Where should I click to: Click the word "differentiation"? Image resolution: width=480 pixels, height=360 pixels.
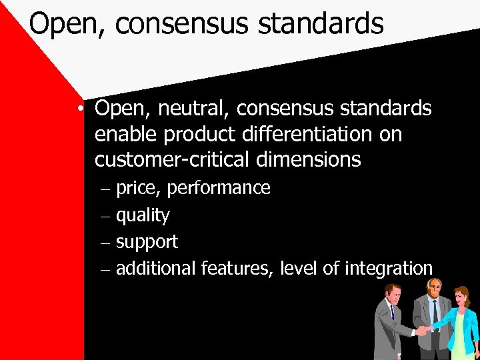298,134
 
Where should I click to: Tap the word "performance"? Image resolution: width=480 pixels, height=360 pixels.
219,189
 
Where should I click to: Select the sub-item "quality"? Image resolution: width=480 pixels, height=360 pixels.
143,215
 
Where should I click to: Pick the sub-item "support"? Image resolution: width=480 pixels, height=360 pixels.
147,243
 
